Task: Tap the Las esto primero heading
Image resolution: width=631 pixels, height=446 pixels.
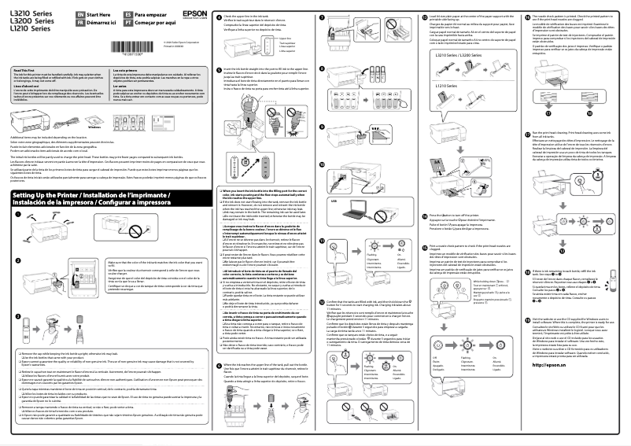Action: (x=128, y=70)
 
